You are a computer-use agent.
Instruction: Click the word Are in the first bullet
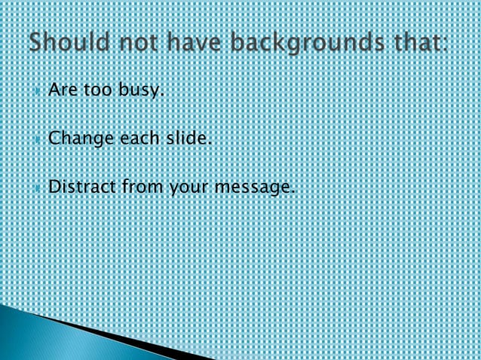tap(60, 91)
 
